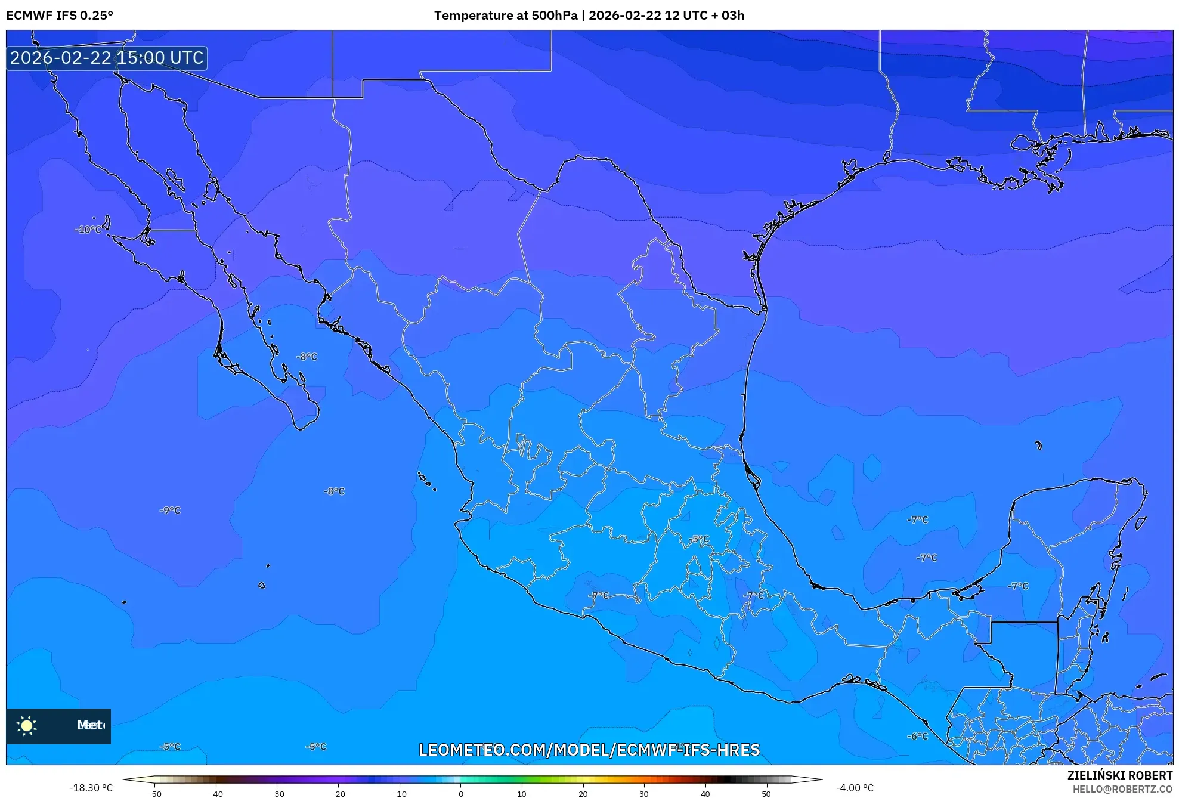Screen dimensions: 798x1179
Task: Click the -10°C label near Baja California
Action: pos(88,230)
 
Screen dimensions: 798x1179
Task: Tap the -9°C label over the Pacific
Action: pos(170,511)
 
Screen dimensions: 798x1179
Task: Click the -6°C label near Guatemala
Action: pos(918,737)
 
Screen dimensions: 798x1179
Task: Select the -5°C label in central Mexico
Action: pos(700,539)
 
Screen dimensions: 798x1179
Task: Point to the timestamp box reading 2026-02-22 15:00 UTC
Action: pos(107,58)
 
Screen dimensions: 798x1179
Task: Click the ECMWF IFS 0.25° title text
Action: pos(60,16)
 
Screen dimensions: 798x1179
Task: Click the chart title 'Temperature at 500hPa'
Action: pos(506,16)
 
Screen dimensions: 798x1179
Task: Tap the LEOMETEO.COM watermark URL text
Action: pos(589,750)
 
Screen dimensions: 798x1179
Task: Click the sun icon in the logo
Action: pos(27,725)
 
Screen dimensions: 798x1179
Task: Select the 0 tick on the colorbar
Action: pos(460,793)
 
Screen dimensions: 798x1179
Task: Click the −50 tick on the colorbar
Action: pos(154,793)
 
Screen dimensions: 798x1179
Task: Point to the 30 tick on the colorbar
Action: pos(644,793)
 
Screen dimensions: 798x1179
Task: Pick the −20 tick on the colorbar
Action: pos(338,793)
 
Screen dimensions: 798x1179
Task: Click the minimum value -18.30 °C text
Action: pos(91,788)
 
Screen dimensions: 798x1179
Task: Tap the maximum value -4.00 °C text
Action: pos(855,788)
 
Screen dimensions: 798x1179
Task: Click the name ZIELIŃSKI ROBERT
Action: pos(1119,775)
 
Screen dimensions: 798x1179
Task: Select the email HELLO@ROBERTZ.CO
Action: pos(1122,789)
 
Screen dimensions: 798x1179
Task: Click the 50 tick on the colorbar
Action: pos(766,793)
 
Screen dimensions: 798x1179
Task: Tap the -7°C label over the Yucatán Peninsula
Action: pos(1018,586)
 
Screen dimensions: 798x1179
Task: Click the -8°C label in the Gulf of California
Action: pos(307,357)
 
